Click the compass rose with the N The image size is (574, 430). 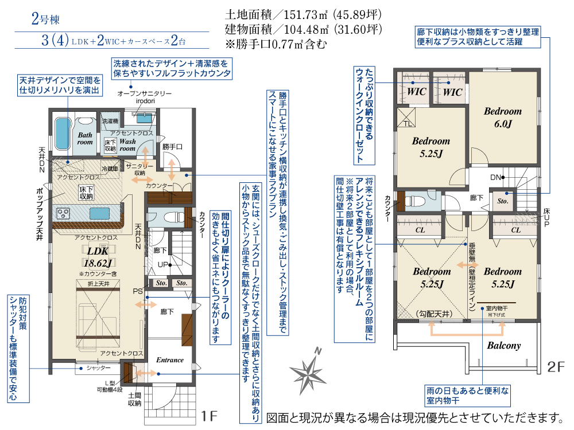tap(309, 371)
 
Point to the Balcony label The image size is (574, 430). tap(503, 345)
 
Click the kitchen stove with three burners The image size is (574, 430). tap(64, 213)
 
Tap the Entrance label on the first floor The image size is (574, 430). tap(170, 360)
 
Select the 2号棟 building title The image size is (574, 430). tap(45, 19)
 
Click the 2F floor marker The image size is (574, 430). tap(556, 366)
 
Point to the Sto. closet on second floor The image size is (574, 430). tap(502, 201)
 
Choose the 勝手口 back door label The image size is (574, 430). tap(172, 147)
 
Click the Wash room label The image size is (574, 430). tap(127, 144)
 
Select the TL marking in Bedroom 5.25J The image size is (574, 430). tap(406, 123)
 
